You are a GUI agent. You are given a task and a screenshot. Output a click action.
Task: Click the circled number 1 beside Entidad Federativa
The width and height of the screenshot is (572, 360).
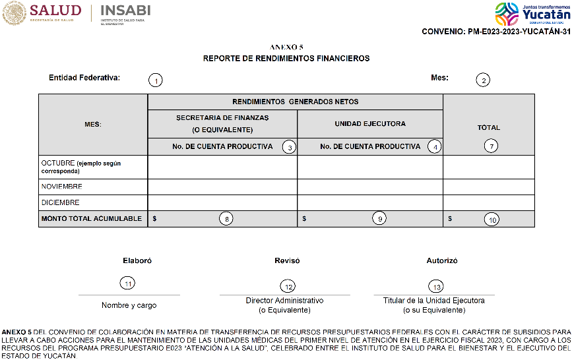pos(155,80)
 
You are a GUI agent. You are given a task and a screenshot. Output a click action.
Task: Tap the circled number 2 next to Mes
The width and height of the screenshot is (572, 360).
pos(484,80)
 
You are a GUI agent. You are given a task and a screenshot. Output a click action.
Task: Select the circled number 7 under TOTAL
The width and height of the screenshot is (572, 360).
pos(490,146)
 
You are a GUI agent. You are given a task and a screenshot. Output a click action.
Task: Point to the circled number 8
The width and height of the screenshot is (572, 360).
pos(226,220)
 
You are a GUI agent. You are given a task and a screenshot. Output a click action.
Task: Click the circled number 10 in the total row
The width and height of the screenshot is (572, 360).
pos(492,220)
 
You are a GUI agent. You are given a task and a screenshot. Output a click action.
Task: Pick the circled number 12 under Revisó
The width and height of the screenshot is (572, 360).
pos(288,286)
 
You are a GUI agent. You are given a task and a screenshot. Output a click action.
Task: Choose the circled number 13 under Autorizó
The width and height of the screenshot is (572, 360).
pos(435,286)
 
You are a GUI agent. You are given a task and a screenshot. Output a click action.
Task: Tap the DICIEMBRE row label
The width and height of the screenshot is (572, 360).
pos(60,203)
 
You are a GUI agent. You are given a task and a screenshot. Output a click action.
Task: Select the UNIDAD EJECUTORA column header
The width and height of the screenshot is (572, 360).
pos(370,123)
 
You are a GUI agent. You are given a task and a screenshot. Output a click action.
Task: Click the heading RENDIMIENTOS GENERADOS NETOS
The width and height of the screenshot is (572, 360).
pos(296,102)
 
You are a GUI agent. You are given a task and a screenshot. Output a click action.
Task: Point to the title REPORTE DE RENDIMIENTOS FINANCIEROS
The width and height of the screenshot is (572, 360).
pos(286,59)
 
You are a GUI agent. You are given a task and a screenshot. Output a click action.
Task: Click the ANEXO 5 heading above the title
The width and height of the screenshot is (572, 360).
pos(286,47)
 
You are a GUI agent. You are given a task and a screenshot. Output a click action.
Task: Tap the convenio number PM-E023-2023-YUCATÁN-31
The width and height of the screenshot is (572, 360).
pos(495,32)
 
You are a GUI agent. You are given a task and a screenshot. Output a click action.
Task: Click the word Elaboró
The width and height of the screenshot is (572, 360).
pos(137,261)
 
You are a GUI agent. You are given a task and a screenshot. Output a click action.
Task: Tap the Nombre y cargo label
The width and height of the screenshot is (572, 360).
pos(129,305)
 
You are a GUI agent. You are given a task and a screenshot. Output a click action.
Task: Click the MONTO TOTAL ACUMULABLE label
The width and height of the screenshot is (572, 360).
pos(92,219)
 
